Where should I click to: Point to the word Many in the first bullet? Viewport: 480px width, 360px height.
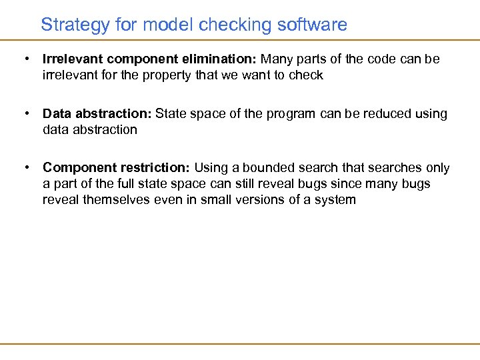[276, 59]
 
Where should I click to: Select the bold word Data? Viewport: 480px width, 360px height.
[57, 113]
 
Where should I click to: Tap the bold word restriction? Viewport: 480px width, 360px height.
[159, 168]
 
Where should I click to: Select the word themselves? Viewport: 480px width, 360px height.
[113, 199]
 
